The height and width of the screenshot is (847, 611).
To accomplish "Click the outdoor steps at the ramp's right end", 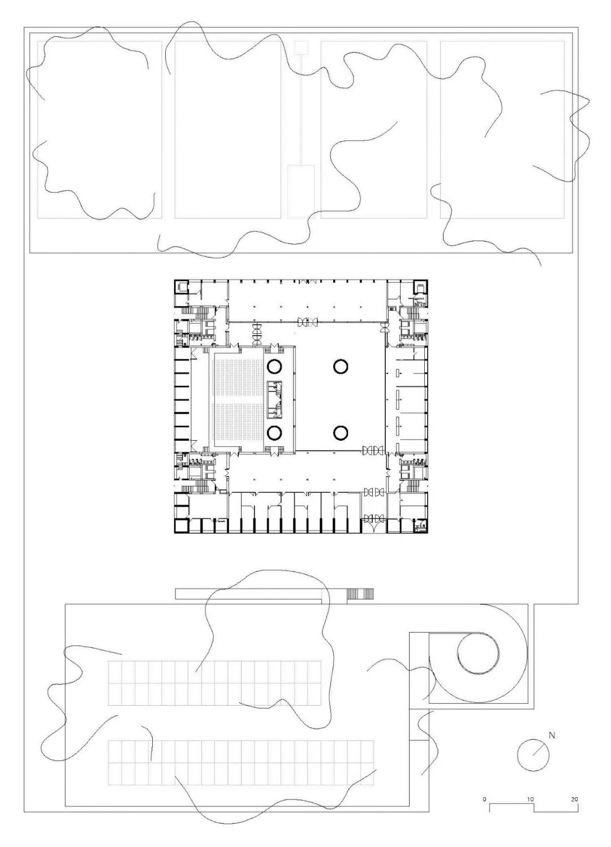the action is pyautogui.click(x=360, y=594).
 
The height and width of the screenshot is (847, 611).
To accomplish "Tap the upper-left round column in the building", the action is pyautogui.click(x=274, y=366).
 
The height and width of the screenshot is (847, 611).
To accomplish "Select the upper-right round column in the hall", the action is pyautogui.click(x=341, y=366).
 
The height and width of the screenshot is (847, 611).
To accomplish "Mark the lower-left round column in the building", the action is pyautogui.click(x=274, y=433).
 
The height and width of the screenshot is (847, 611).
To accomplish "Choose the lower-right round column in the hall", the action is pyautogui.click(x=341, y=433).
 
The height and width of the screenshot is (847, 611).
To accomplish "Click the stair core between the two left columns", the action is pyautogui.click(x=274, y=399).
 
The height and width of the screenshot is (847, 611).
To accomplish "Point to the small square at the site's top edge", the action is pyautogui.click(x=301, y=48).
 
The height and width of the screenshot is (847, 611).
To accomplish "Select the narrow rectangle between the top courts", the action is pyautogui.click(x=300, y=192).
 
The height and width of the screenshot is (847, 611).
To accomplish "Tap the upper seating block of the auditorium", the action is pyautogui.click(x=238, y=378).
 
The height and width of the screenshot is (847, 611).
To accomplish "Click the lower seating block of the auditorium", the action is pyautogui.click(x=238, y=422).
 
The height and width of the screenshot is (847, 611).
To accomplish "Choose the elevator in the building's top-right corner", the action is pyautogui.click(x=420, y=287).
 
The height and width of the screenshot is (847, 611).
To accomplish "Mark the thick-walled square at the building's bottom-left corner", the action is pyautogui.click(x=180, y=526).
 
